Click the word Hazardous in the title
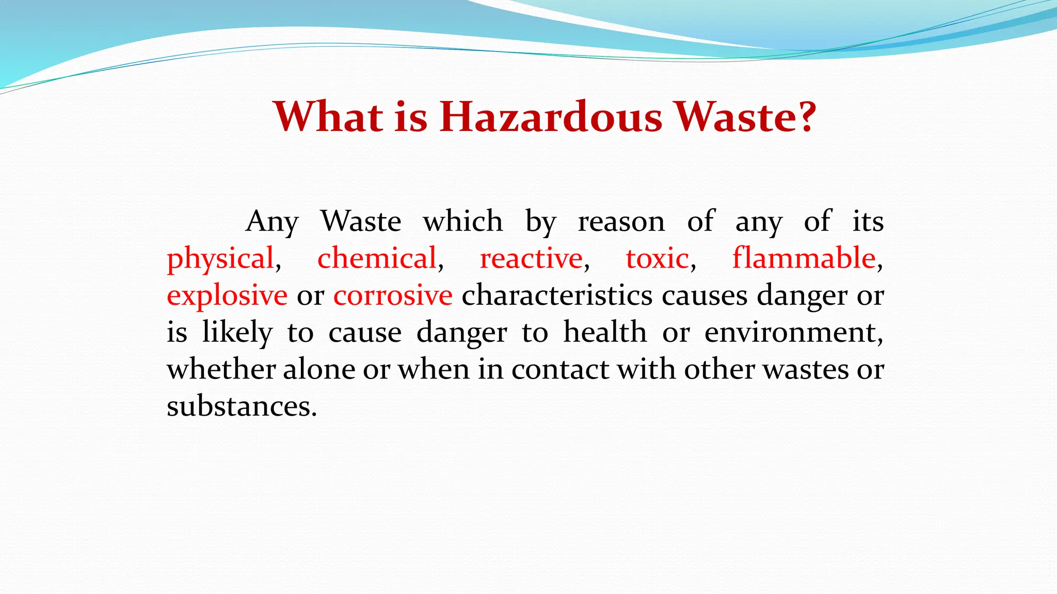(x=551, y=117)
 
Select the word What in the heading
(x=328, y=117)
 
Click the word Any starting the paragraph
(x=272, y=222)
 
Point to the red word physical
(x=220, y=259)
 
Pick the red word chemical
(x=377, y=259)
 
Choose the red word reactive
(x=531, y=259)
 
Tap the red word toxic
(x=657, y=259)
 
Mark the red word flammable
(x=804, y=259)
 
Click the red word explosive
(x=227, y=296)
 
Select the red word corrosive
(x=393, y=296)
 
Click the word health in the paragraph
(x=605, y=333)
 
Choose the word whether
(x=221, y=370)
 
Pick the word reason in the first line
(x=621, y=222)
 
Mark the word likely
(x=237, y=333)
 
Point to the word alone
(x=319, y=370)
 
